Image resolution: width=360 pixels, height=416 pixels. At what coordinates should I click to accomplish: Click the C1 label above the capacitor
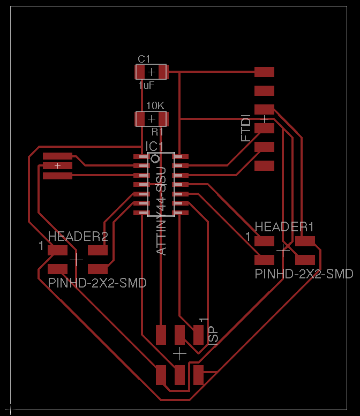144,59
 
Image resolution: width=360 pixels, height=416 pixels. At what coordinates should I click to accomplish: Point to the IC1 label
154,146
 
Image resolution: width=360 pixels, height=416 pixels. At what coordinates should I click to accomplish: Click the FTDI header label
246,127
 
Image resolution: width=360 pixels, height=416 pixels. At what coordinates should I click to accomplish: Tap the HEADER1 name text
284,227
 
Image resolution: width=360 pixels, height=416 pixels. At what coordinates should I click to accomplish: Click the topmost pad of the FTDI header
264,72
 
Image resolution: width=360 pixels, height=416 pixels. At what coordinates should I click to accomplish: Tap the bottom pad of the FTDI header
264,165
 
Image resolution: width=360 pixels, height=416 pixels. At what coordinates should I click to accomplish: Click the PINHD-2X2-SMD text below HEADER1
304,274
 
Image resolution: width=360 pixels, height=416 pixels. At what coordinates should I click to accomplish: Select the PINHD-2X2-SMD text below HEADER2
97,283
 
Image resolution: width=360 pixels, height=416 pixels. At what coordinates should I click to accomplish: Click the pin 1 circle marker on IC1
155,159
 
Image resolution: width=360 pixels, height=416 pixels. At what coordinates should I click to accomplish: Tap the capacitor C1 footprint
152,72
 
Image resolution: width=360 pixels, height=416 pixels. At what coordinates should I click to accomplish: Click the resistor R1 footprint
152,118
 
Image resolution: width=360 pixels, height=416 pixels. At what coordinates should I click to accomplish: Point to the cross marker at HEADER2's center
77,260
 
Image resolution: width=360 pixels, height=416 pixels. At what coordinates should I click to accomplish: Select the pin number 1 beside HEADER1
248,236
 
